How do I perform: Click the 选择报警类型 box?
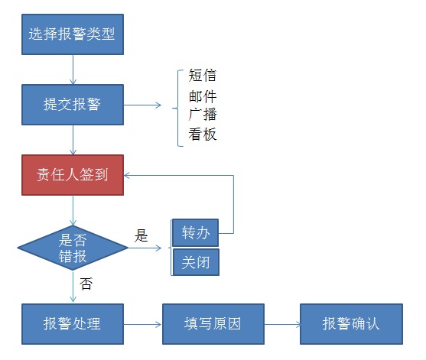[73, 34]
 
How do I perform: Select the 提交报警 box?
[73, 105]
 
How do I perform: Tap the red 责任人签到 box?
[73, 175]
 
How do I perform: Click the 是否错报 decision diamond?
[73, 248]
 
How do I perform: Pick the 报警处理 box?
[73, 324]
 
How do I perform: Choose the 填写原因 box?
[213, 324]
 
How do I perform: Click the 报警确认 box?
[351, 324]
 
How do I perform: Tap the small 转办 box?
[196, 232]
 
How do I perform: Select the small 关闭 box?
[196, 262]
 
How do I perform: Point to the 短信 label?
[203, 75]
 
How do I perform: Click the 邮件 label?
[203, 96]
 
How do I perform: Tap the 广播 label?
[203, 115]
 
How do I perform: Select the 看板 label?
[203, 134]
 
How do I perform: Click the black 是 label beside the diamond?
[141, 235]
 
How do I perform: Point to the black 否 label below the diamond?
[86, 284]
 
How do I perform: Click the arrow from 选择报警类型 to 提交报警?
[73, 70]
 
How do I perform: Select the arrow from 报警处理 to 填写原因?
[142, 324]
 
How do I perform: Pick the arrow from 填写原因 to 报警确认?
[282, 324]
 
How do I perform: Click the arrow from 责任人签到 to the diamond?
[73, 210]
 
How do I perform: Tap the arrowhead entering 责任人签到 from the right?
[127, 175]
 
